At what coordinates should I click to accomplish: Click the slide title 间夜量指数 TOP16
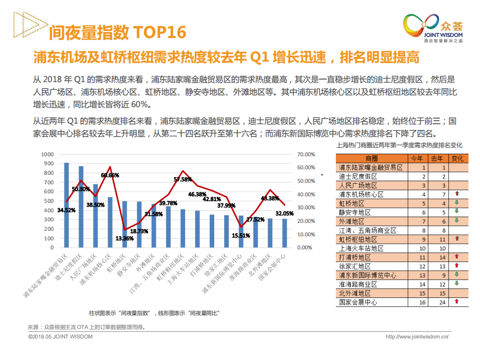click(117, 33)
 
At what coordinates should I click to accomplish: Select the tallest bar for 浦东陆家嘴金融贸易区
click(67, 205)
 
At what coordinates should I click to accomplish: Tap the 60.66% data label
click(110, 175)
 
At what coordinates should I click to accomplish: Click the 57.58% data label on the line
click(183, 179)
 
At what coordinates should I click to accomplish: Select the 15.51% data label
click(241, 235)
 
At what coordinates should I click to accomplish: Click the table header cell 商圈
click(371, 158)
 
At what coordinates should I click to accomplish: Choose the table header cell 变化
click(457, 158)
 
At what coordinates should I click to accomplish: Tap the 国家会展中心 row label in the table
click(358, 302)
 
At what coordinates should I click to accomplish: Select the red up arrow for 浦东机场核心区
click(456, 194)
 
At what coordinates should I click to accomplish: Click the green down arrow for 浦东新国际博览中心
click(456, 275)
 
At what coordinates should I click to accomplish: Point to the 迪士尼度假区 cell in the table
click(358, 176)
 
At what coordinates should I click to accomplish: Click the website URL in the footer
click(416, 337)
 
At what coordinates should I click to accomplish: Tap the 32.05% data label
click(284, 213)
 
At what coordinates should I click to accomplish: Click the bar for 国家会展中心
click(284, 233)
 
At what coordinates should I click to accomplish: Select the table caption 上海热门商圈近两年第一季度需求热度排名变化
click(400, 145)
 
